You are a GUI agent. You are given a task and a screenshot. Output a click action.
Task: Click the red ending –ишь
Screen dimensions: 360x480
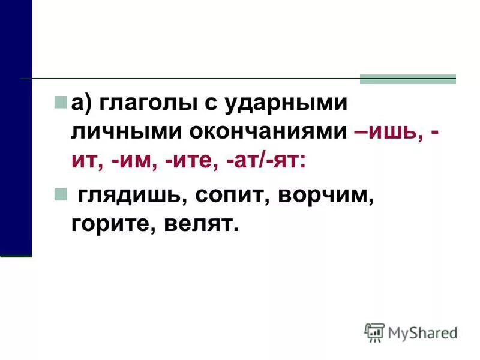(x=388, y=132)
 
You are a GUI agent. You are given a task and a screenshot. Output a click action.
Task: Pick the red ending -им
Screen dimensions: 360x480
(x=137, y=160)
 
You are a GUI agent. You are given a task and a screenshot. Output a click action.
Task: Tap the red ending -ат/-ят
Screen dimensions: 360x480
(x=271, y=160)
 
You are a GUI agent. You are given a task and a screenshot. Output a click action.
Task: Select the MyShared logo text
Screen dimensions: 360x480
(x=422, y=332)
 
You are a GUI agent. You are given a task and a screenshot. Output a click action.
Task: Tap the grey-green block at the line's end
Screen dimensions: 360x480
(x=407, y=79)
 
